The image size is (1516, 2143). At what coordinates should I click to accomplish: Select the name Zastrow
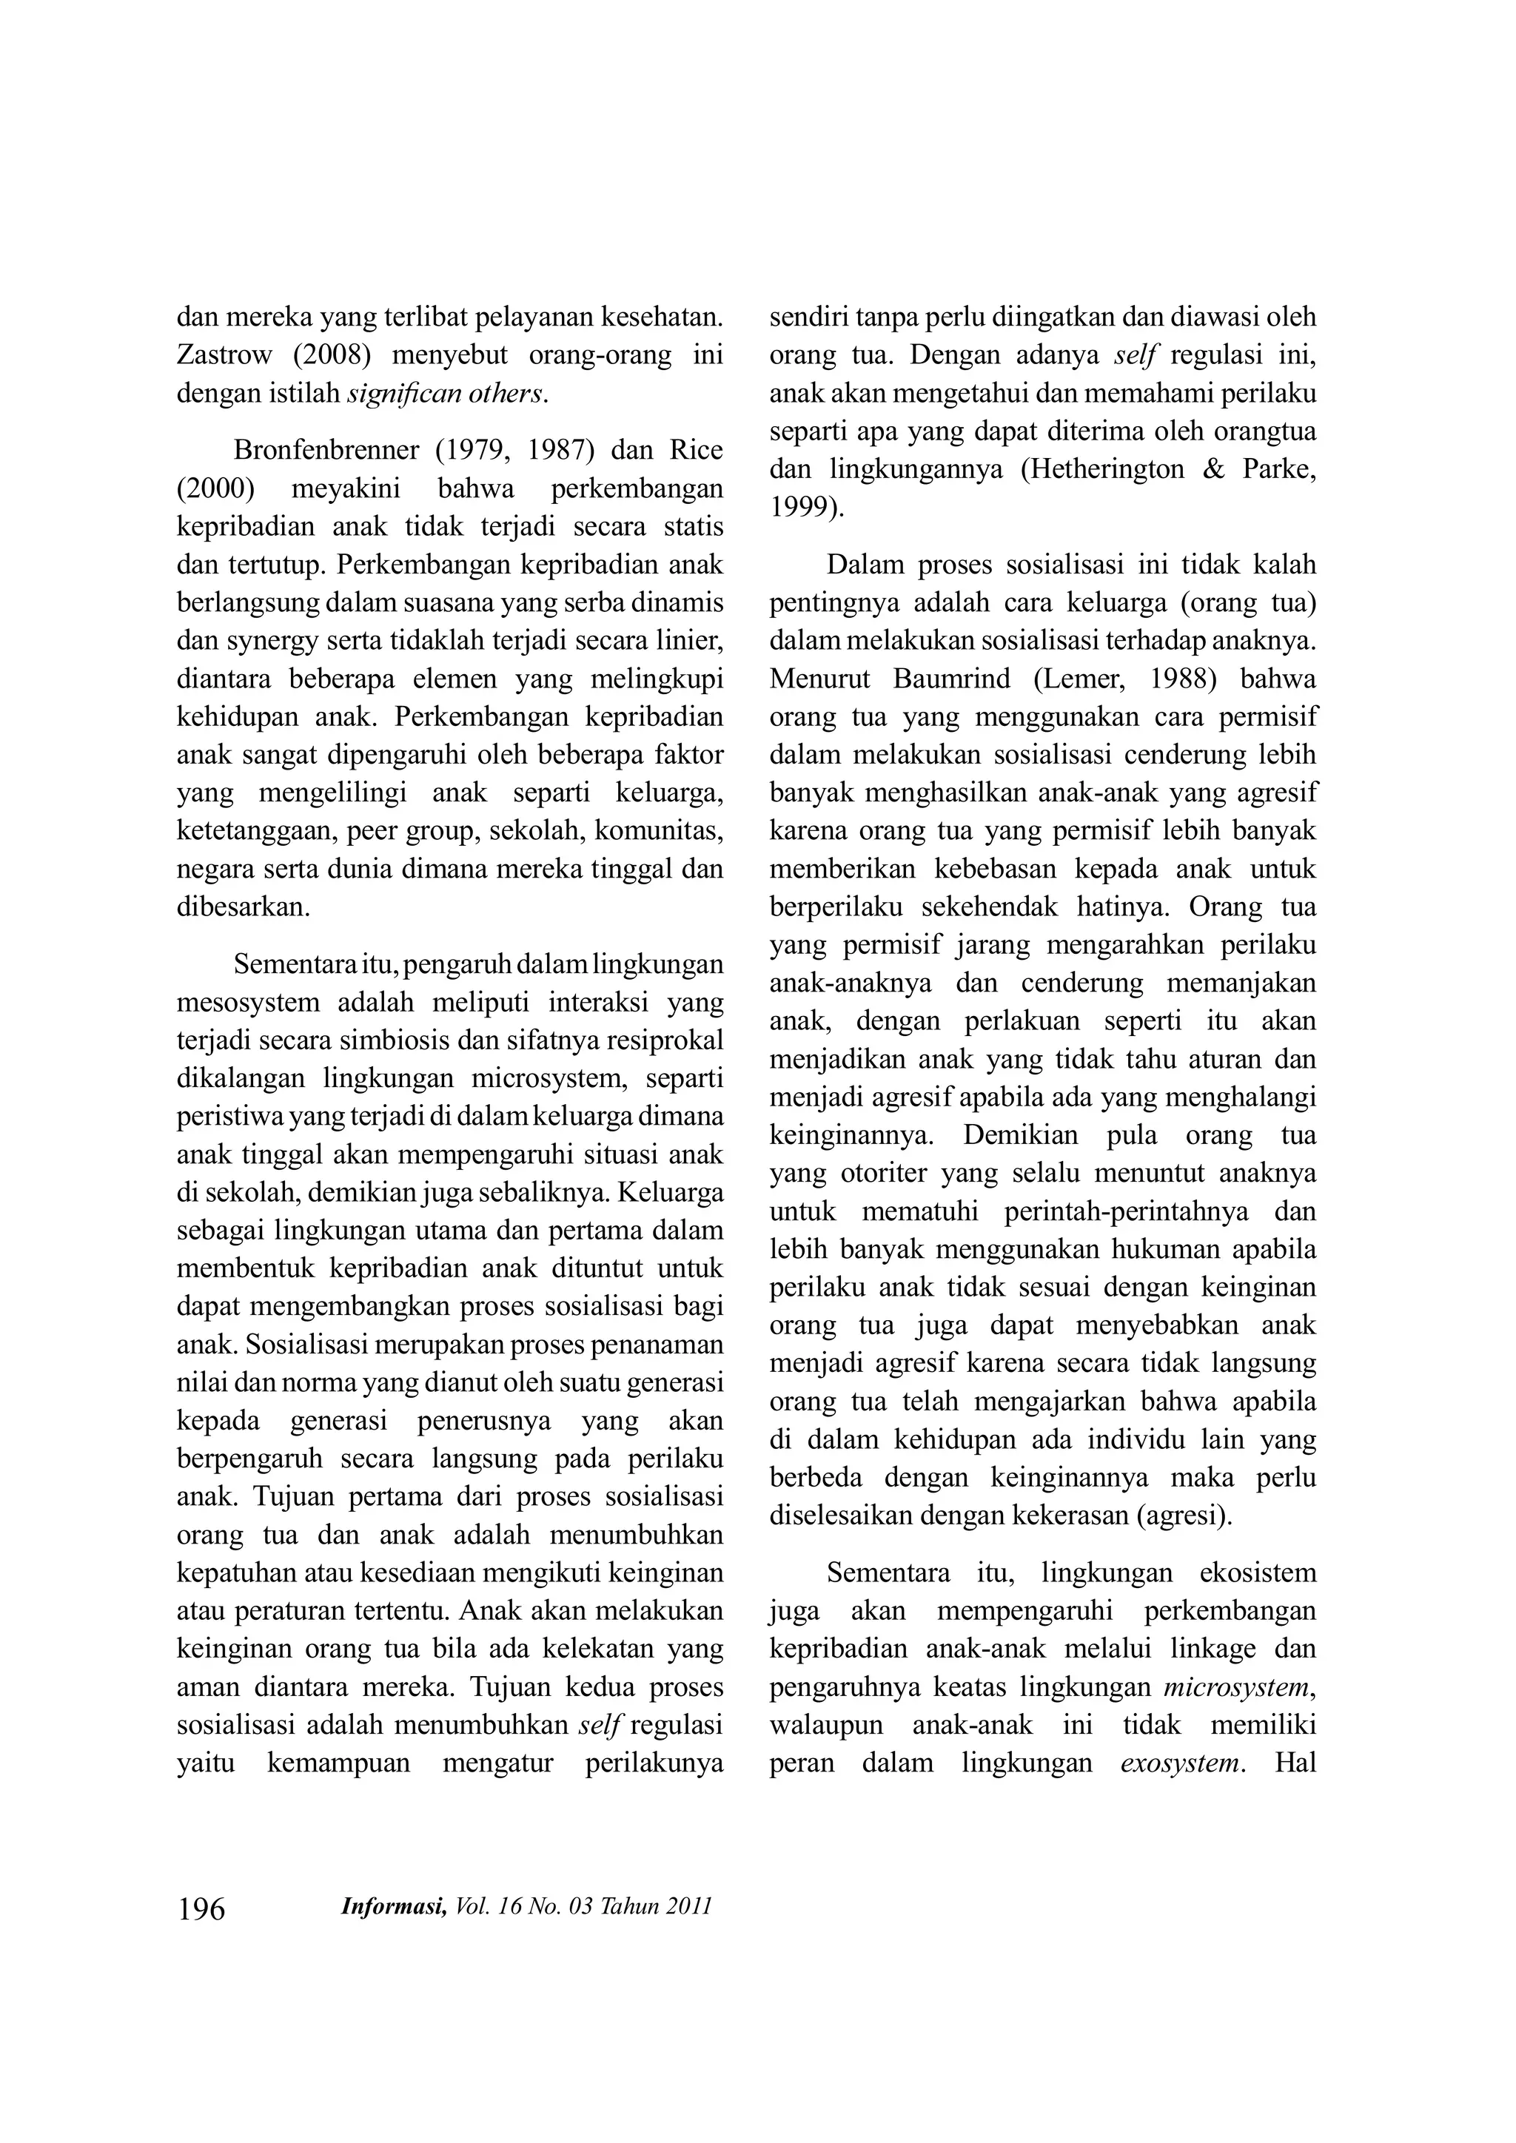coord(225,356)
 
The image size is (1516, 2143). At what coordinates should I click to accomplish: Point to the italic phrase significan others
coord(446,394)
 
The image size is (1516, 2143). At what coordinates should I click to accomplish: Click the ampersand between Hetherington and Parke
coord(1213,469)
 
